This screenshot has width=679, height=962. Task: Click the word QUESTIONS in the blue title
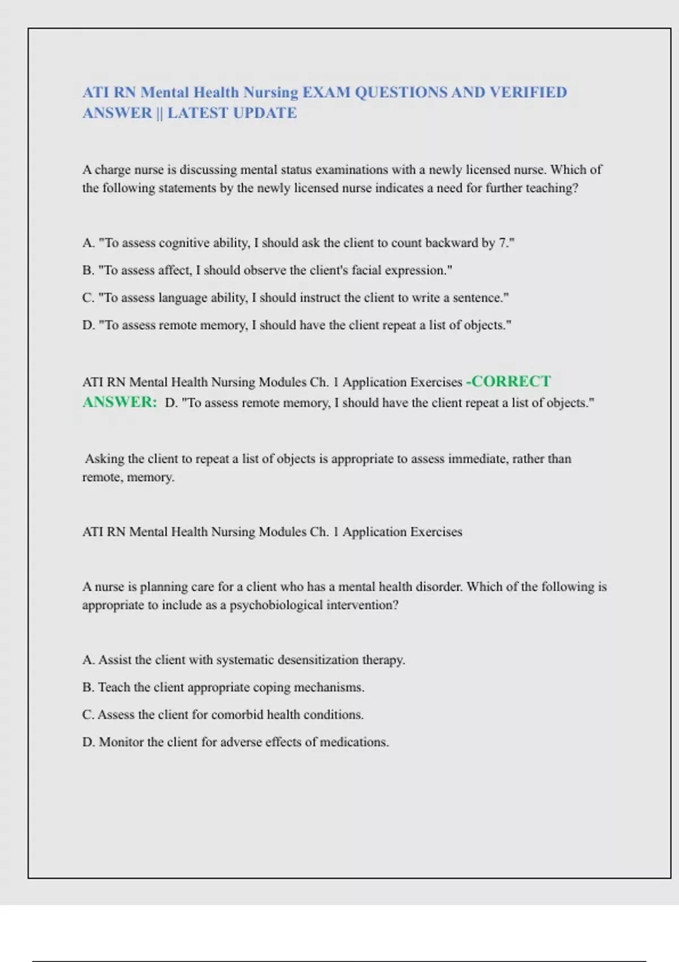[400, 92]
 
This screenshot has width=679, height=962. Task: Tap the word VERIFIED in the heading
[528, 92]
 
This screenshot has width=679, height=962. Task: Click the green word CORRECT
[511, 381]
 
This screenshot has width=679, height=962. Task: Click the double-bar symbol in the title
[160, 113]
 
